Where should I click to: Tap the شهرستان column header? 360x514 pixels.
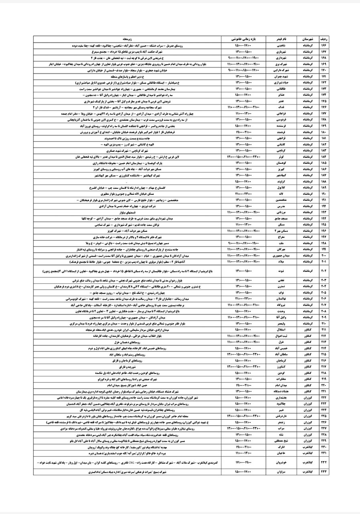[307, 40]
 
